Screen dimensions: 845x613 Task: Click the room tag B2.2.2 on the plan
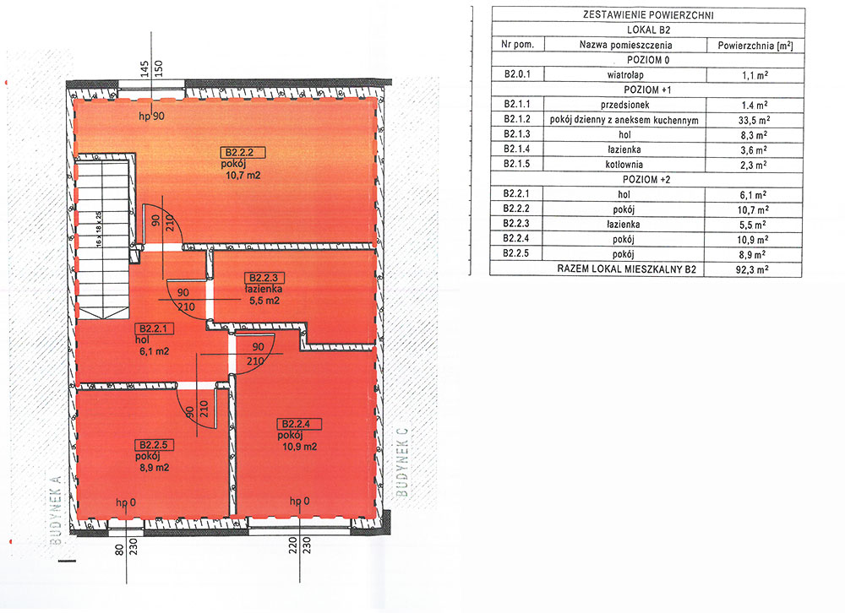pos(243,153)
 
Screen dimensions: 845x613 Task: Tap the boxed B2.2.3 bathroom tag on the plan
pos(263,278)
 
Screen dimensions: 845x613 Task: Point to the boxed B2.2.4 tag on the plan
pos(299,424)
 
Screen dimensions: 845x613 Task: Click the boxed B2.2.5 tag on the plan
pos(154,445)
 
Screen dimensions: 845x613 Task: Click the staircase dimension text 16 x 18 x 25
pos(99,229)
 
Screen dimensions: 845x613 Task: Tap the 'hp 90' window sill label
pos(151,117)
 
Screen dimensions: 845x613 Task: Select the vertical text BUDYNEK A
pos(56,510)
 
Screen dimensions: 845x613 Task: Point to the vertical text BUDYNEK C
pos(402,462)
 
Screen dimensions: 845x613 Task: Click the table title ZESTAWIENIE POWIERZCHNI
pos(648,15)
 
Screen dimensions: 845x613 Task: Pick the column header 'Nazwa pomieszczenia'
pos(625,46)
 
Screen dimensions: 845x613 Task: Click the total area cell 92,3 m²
pos(752,269)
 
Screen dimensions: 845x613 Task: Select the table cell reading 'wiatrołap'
pos(625,75)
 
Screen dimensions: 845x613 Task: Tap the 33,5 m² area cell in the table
pos(754,120)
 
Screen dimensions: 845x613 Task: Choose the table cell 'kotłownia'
pos(624,165)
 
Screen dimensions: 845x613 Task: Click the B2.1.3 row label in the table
pos(517,134)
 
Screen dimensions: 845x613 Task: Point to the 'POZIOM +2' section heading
pos(646,179)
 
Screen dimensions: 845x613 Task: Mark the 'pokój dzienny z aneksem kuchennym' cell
pos(624,120)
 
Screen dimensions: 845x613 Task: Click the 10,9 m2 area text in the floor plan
pos(300,447)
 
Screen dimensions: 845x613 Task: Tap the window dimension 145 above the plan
pos(144,68)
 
